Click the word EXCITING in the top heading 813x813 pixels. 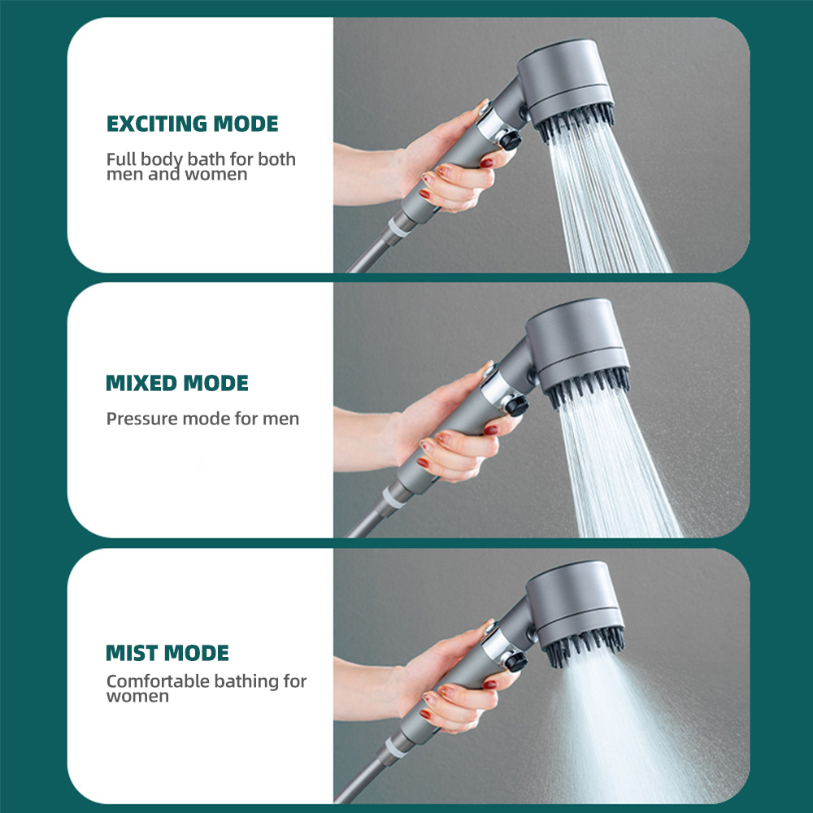[x=157, y=124]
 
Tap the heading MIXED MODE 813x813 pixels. [x=177, y=384]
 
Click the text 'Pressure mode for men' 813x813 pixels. [x=202, y=420]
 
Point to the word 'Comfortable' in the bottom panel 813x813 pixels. [x=158, y=681]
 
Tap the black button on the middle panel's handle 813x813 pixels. [x=515, y=404]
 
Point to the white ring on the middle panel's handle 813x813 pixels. [x=393, y=496]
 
